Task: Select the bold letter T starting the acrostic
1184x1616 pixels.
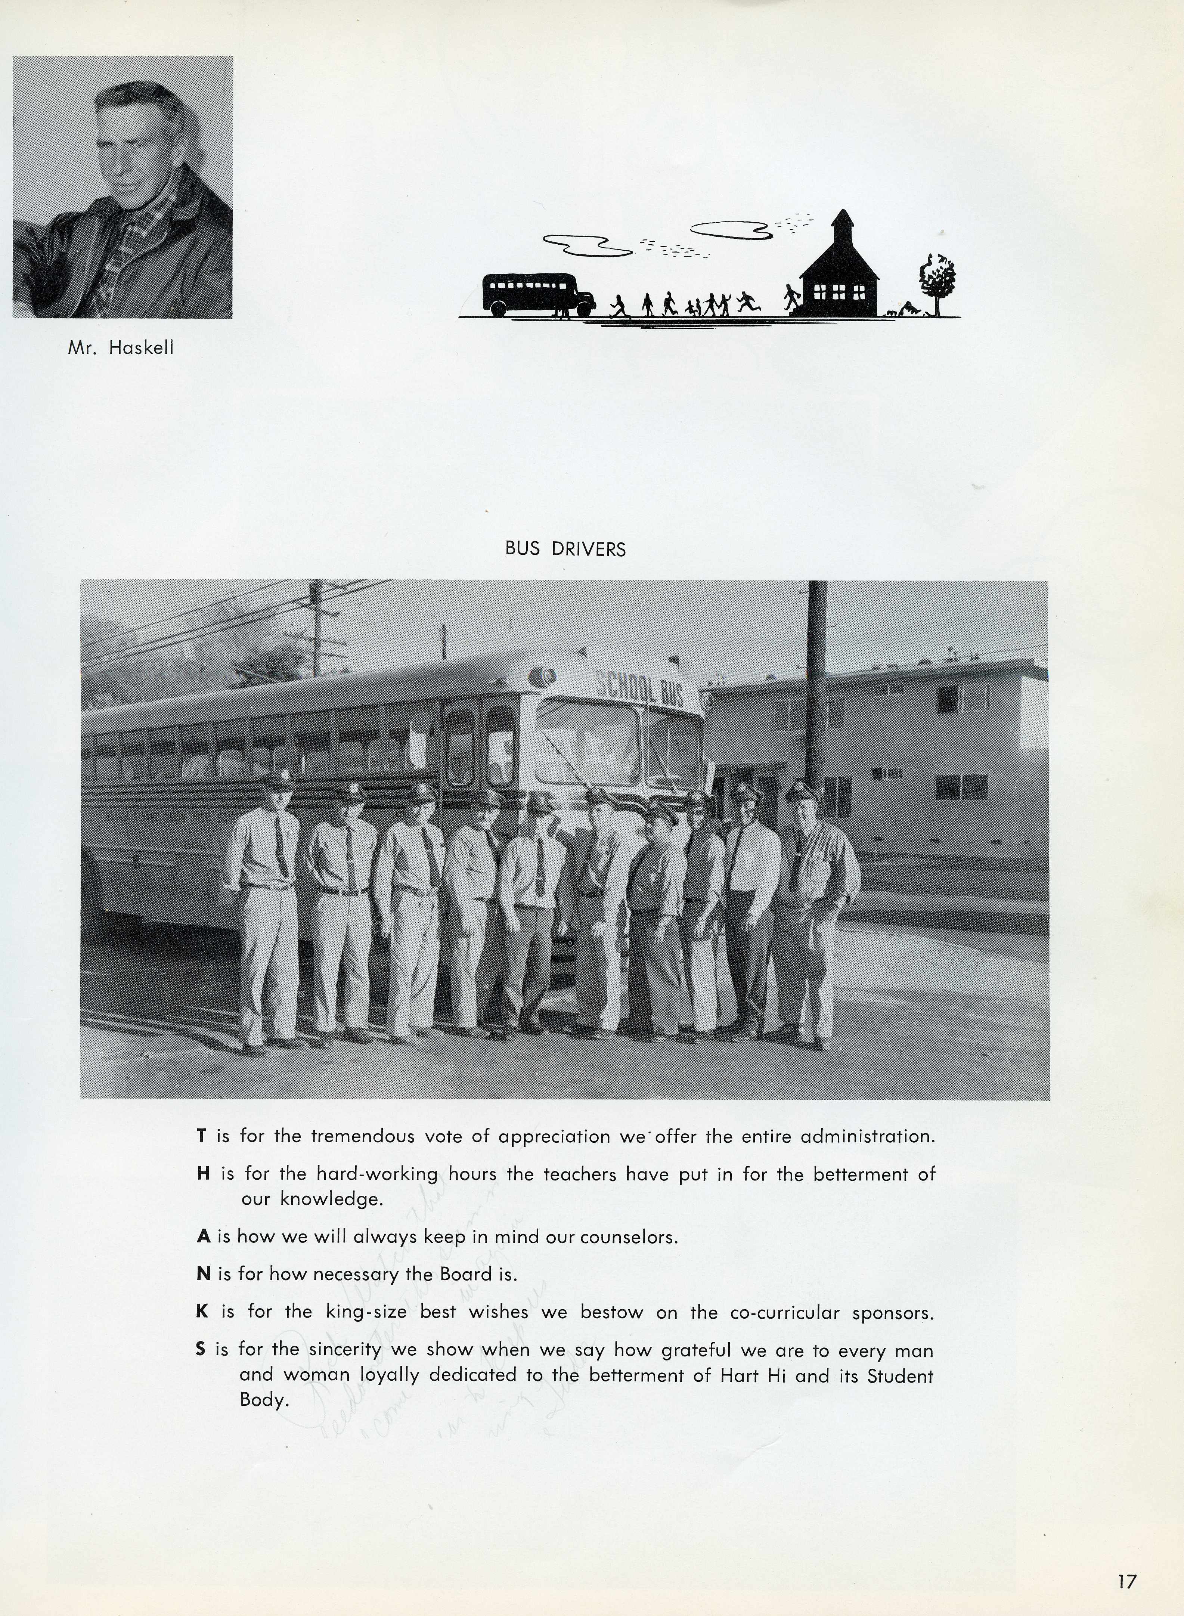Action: (x=202, y=1137)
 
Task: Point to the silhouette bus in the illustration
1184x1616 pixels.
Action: (x=537, y=294)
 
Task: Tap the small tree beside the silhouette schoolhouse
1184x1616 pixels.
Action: (x=937, y=283)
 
